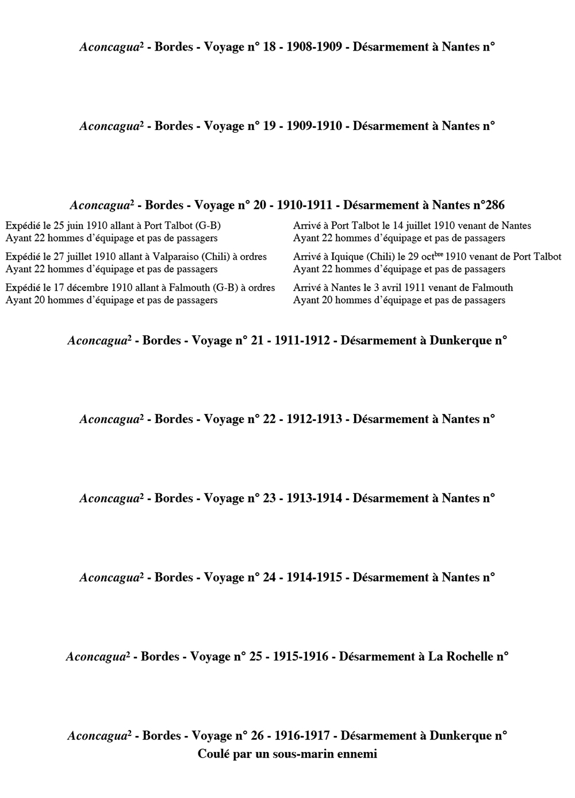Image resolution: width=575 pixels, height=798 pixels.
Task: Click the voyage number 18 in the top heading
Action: [x=269, y=47]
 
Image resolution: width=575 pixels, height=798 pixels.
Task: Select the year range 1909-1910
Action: [x=314, y=126]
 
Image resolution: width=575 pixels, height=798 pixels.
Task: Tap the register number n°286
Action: [x=489, y=205]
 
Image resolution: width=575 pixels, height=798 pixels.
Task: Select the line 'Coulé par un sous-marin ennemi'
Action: [x=287, y=754]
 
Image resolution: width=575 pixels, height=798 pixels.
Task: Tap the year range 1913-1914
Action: [x=314, y=498]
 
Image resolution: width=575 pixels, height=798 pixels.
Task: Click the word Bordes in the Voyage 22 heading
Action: [x=174, y=420]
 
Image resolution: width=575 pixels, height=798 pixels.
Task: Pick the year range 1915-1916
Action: [x=301, y=657]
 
